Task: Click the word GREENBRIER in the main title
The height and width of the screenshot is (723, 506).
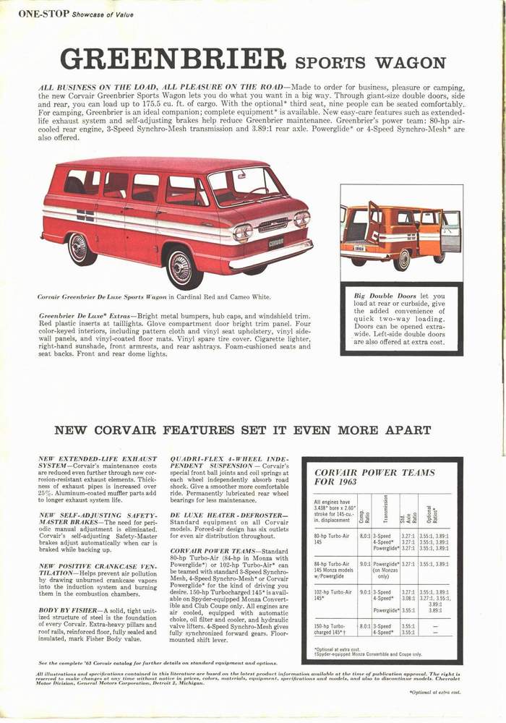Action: click(172, 59)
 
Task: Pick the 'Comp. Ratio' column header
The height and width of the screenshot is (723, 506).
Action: click(363, 518)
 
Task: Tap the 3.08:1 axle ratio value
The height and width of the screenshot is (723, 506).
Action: click(408, 598)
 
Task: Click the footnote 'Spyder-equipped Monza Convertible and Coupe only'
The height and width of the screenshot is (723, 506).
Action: click(373, 654)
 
